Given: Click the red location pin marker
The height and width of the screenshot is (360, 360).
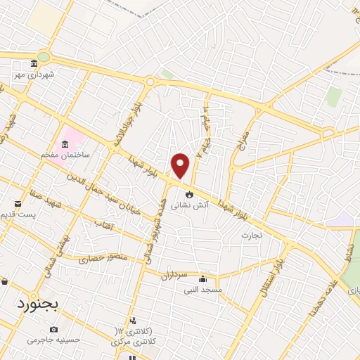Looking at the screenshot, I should [x=181, y=165].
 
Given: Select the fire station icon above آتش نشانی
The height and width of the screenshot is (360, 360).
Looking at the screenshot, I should [x=189, y=195].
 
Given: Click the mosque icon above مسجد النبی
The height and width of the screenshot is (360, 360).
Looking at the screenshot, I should [x=203, y=278].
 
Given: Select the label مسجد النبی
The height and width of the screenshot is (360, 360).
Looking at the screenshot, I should [x=203, y=289].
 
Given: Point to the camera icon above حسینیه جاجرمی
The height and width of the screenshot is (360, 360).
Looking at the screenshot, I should [x=54, y=329].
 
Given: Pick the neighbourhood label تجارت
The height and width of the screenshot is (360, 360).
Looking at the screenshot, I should [x=251, y=235].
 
